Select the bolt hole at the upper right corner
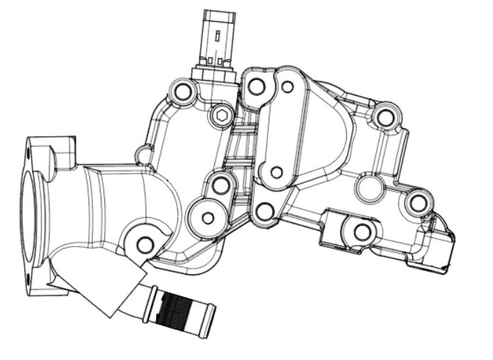click(384, 117)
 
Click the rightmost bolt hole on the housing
click(417, 203)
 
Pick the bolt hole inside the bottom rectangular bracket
click(361, 231)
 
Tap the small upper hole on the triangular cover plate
click(287, 88)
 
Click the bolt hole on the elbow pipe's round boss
click(145, 244)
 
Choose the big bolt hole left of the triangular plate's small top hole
click(257, 86)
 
